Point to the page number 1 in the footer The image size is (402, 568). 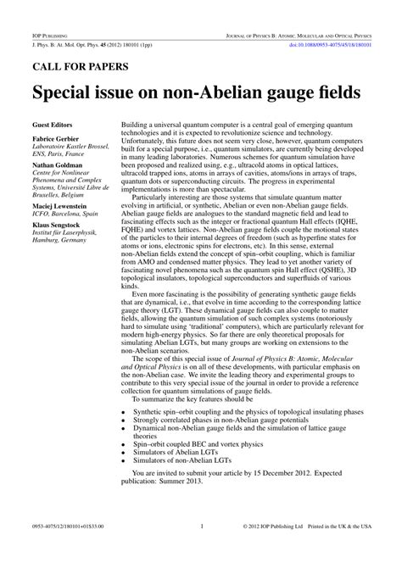pyautogui.click(x=201, y=549)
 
